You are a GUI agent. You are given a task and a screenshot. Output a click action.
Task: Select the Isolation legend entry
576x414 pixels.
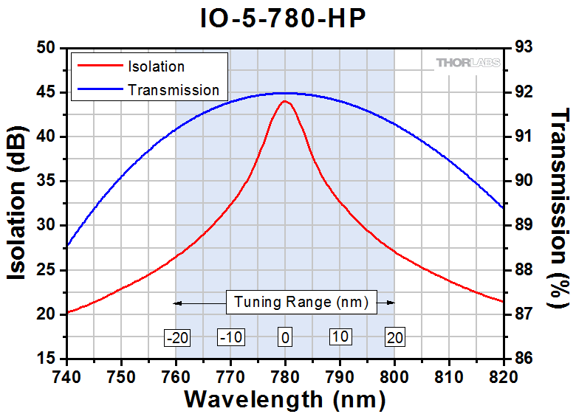point(156,66)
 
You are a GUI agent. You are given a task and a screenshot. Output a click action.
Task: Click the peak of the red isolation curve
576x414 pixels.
point(284,102)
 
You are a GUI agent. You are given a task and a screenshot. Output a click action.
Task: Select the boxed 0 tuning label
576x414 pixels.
point(284,337)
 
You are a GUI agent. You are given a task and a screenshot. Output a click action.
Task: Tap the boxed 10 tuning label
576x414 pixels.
point(340,337)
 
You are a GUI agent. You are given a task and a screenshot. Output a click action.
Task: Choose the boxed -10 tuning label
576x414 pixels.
point(231,337)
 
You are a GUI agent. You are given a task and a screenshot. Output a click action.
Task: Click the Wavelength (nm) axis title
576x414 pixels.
point(284,399)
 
